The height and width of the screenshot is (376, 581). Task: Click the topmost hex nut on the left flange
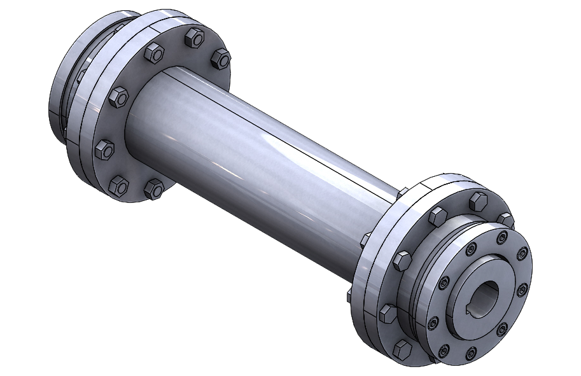point(190,39)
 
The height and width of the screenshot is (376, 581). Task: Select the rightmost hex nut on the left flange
point(220,59)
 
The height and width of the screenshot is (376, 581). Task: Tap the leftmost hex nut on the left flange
point(104,150)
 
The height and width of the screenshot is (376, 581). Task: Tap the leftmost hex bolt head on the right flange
point(387,312)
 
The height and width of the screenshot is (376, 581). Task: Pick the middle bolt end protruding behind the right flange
point(365,240)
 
